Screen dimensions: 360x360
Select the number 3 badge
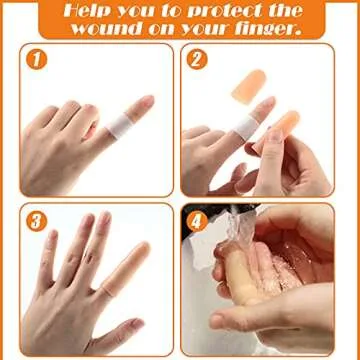pos(36,221)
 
